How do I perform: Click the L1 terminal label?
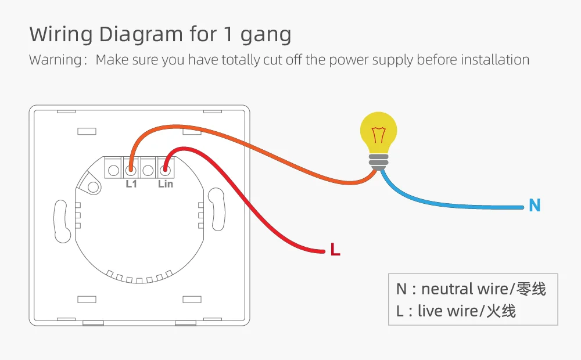click(x=131, y=184)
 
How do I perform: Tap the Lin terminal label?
click(x=166, y=184)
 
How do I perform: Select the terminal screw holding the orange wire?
click(x=131, y=170)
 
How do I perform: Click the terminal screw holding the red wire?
click(x=166, y=170)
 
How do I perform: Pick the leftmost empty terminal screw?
click(x=114, y=170)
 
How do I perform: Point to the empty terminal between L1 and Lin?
click(x=148, y=170)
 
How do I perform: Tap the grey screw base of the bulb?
click(x=379, y=161)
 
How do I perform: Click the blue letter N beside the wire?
click(x=535, y=205)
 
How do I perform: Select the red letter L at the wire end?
click(x=335, y=250)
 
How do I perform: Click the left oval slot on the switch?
click(x=60, y=221)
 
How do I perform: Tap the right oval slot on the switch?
click(x=217, y=209)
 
